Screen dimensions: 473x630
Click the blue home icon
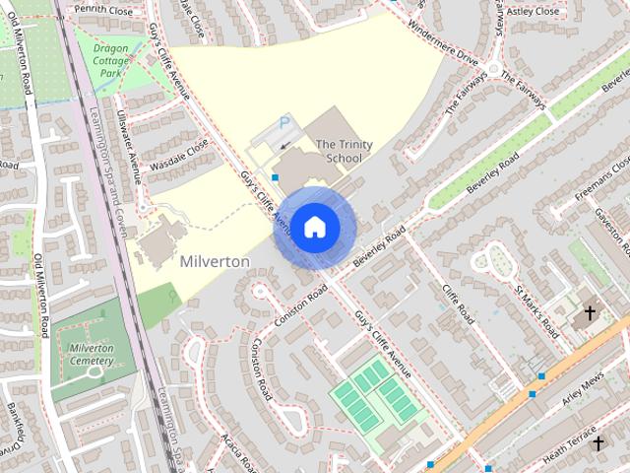[x=314, y=227]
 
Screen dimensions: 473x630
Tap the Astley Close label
[x=533, y=13]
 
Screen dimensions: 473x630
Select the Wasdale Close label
[x=181, y=149]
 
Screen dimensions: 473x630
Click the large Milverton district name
[x=216, y=261]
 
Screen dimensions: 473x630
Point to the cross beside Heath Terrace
[x=598, y=442]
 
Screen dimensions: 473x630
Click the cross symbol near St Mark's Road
[x=590, y=313]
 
